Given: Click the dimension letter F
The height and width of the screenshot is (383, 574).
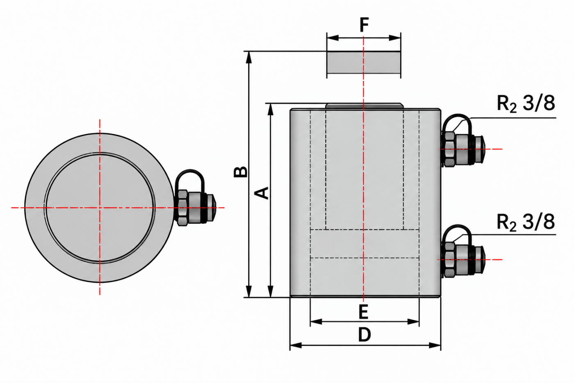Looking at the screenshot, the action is [x=364, y=25].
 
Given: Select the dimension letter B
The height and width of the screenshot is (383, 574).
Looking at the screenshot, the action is [x=241, y=172].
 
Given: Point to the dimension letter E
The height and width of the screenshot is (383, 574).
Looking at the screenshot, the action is [x=364, y=312].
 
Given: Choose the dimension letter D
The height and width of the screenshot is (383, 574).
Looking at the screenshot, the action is [x=364, y=335].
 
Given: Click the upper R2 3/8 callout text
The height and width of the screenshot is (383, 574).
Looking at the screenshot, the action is [x=526, y=103].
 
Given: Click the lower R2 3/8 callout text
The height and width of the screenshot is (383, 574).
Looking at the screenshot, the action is [x=526, y=222].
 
